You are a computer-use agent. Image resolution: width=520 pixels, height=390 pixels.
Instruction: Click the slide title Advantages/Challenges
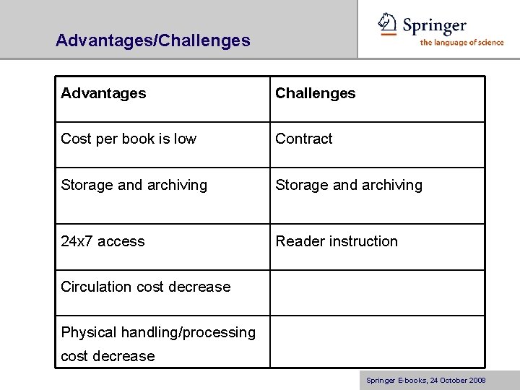pyautogui.click(x=153, y=40)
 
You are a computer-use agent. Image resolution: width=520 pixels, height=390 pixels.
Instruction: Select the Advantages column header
pyautogui.click(x=103, y=93)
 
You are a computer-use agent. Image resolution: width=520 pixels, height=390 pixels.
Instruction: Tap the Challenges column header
pyautogui.click(x=316, y=93)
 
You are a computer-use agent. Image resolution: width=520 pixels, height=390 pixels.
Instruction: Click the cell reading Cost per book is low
pyautogui.click(x=129, y=139)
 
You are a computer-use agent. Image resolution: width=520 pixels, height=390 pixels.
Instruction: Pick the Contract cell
pyautogui.click(x=304, y=139)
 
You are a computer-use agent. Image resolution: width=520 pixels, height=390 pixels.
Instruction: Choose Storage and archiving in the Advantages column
pyautogui.click(x=134, y=185)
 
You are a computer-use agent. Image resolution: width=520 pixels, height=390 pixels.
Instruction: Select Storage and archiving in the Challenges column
pyautogui.click(x=349, y=185)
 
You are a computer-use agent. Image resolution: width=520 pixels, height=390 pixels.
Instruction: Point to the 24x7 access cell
pyautogui.click(x=103, y=241)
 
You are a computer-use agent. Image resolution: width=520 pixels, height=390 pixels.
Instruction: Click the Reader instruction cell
pyautogui.click(x=337, y=241)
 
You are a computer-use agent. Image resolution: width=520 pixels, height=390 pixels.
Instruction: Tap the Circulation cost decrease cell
pyautogui.click(x=145, y=287)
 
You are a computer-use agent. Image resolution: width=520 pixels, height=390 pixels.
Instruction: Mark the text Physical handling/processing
pyautogui.click(x=158, y=332)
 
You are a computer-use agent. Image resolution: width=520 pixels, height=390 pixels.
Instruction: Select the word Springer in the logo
pyautogui.click(x=434, y=26)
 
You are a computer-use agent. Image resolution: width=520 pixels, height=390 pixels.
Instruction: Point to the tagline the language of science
pyautogui.click(x=462, y=43)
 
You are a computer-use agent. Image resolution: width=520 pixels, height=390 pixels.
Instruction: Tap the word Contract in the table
pyautogui.click(x=304, y=139)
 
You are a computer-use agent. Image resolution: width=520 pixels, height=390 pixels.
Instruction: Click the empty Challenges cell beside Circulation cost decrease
pyautogui.click(x=377, y=292)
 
